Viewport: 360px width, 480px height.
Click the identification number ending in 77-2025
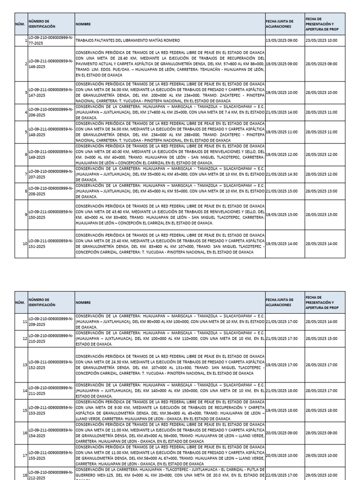(51, 41)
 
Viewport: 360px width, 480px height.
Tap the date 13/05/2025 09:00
(282, 41)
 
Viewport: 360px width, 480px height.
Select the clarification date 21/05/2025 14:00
(282, 112)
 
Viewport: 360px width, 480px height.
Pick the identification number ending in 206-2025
(51, 112)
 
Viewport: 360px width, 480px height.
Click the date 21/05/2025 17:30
(282, 338)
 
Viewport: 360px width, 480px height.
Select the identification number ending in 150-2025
(51, 215)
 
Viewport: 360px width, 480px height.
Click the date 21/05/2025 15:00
(282, 191)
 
